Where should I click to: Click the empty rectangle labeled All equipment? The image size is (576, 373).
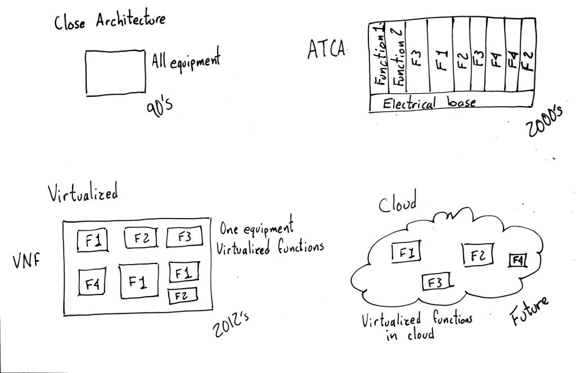(x=116, y=72)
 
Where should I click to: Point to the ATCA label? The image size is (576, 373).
(x=326, y=49)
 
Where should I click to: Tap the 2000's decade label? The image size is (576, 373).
(x=544, y=124)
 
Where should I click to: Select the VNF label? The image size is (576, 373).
(x=26, y=262)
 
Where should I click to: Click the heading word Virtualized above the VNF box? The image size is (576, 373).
(x=83, y=194)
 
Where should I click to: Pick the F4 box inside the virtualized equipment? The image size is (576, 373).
(x=92, y=281)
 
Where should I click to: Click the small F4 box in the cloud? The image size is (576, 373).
(x=517, y=260)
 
